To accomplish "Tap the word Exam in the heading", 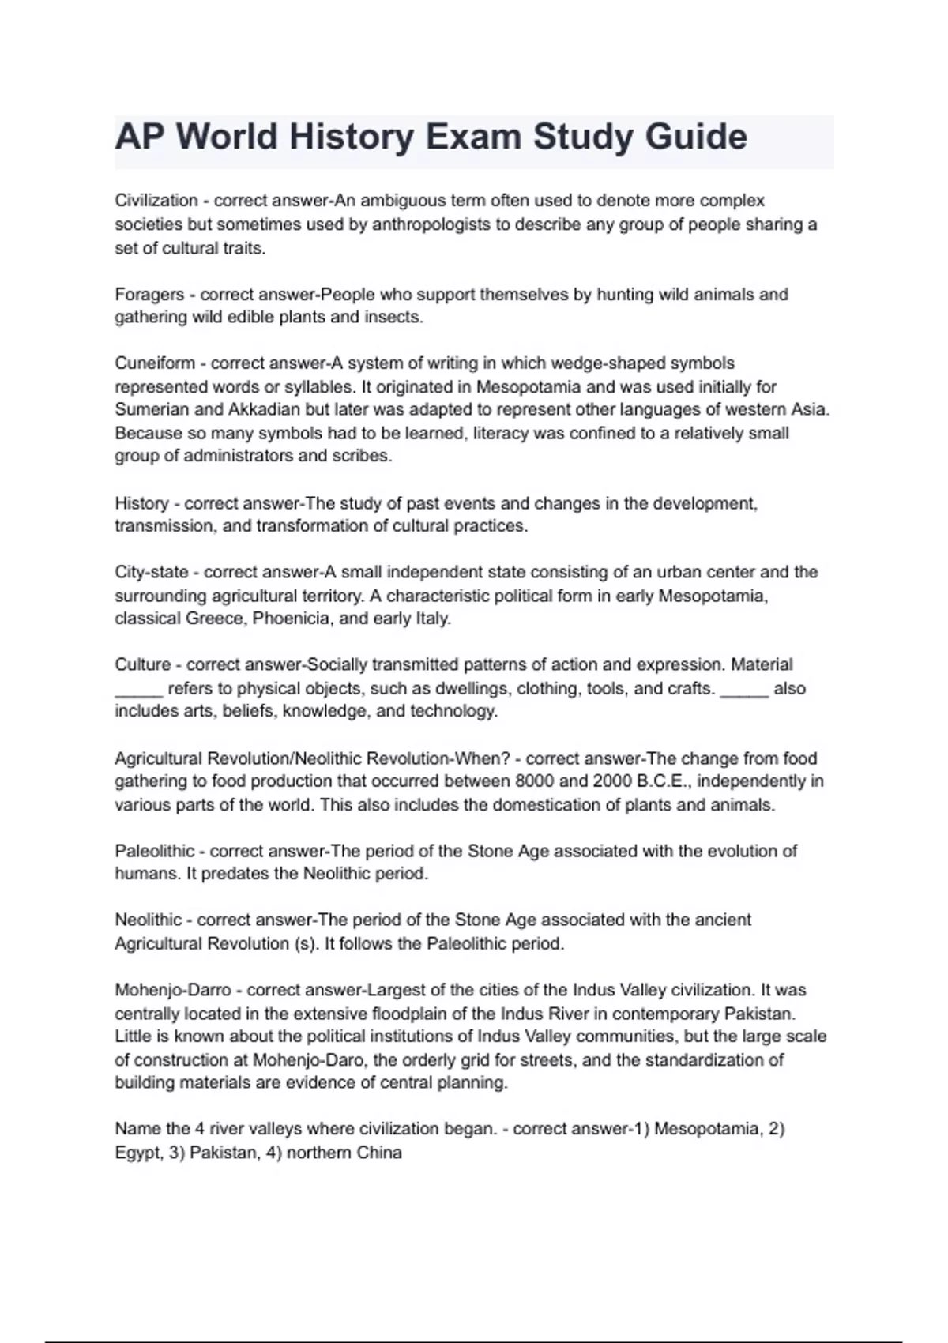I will coord(472,137).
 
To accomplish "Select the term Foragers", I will coord(149,295).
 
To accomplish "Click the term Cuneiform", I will coord(155,363).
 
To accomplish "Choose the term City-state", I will coord(152,572).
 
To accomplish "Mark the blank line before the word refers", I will coord(139,689).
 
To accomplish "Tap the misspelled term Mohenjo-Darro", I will coord(173,990).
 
